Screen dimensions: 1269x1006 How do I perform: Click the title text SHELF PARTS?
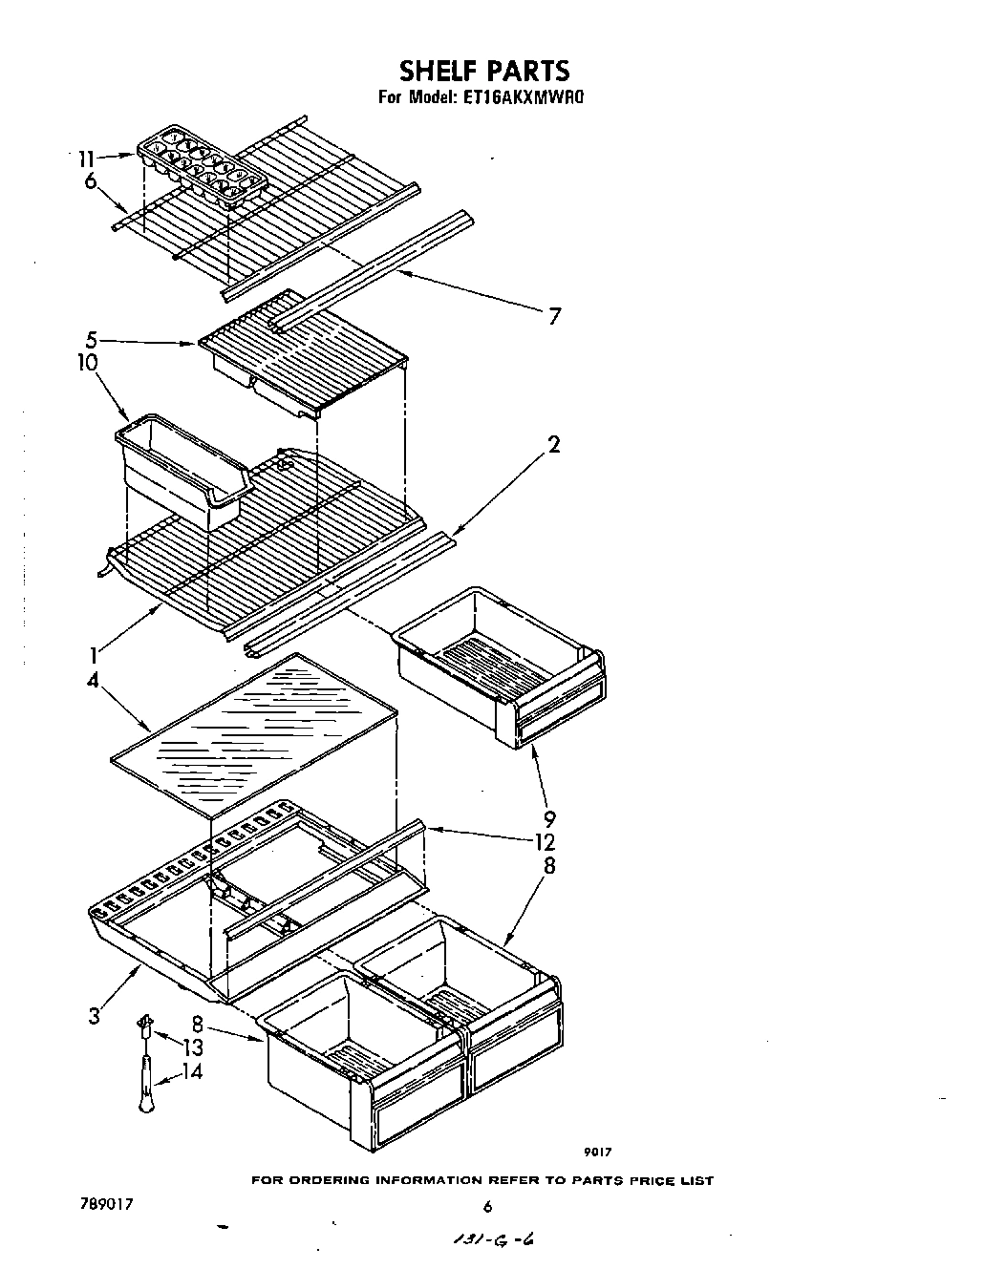pyautogui.click(x=483, y=71)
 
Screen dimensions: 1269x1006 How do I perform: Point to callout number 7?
pyautogui.click(x=554, y=316)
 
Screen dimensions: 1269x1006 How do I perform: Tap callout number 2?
pyautogui.click(x=554, y=444)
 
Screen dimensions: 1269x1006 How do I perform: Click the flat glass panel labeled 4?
pyautogui.click(x=253, y=730)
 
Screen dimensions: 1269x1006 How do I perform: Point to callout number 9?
pyautogui.click(x=550, y=819)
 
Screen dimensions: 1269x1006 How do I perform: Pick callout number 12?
pyautogui.click(x=545, y=842)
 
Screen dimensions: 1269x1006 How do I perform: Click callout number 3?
pyautogui.click(x=93, y=1016)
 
